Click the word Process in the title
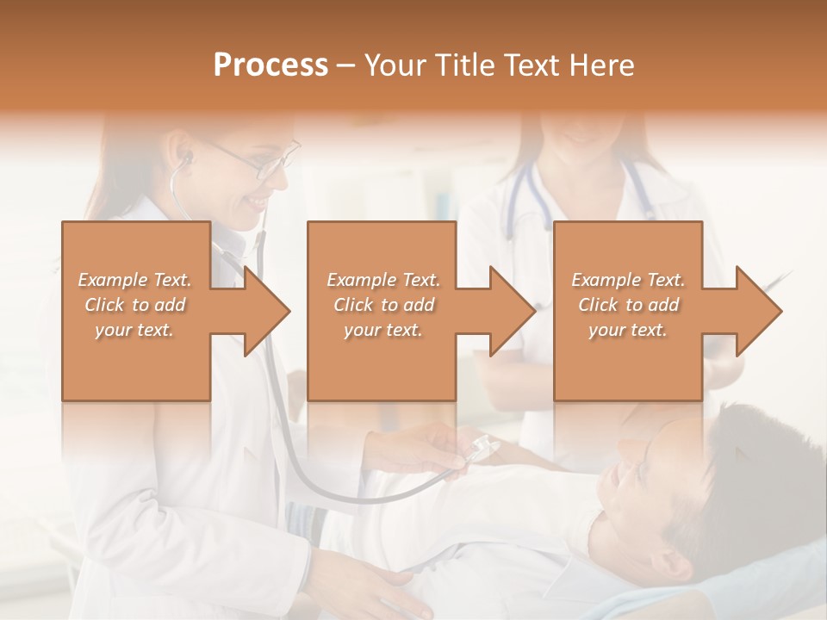click(270, 65)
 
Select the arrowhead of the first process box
click(266, 311)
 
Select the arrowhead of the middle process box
click(512, 311)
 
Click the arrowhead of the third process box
click(758, 311)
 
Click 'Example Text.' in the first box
click(135, 280)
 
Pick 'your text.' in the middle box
click(382, 330)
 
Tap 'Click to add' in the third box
click(628, 305)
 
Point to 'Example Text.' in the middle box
click(382, 280)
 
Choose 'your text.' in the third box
click(628, 330)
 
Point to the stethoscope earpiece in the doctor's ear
click(185, 158)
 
